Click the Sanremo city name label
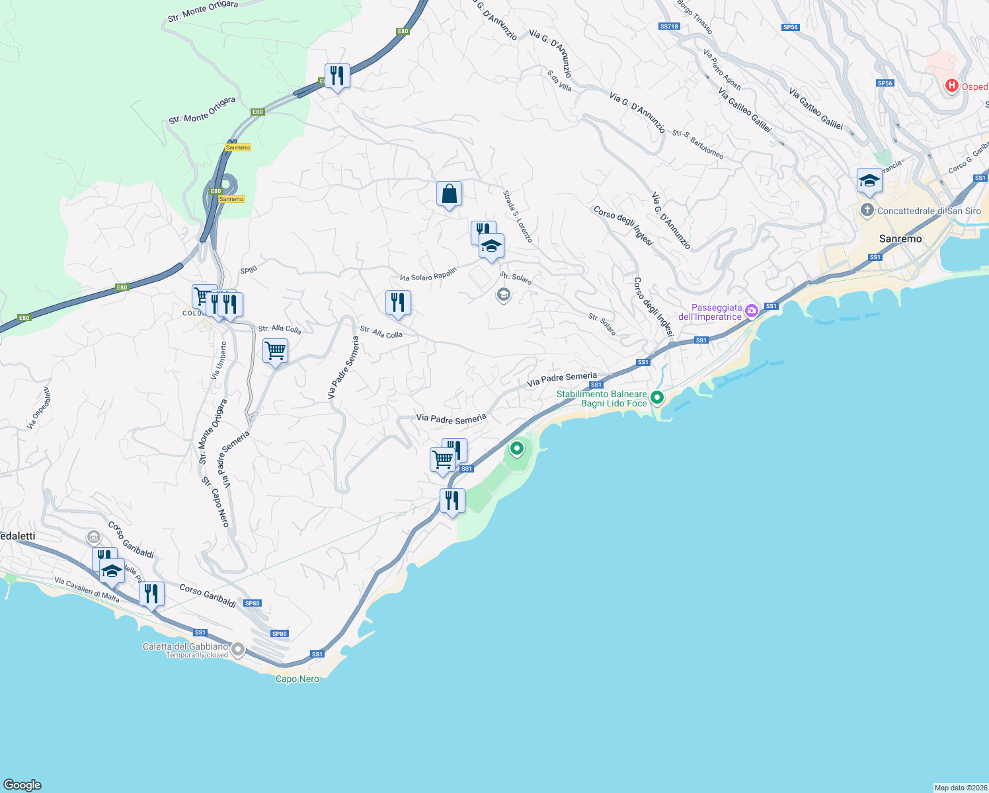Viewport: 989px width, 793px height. (900, 239)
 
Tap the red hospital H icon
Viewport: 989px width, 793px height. (951, 85)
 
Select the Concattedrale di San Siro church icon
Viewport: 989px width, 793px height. (867, 211)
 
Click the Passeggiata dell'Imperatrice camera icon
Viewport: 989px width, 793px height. (751, 311)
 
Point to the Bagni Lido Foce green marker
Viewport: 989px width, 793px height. (656, 398)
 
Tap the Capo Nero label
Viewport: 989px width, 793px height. (297, 679)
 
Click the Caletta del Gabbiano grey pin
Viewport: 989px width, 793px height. (237, 650)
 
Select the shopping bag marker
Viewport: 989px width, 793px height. (449, 194)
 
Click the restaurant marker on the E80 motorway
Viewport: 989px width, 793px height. (337, 77)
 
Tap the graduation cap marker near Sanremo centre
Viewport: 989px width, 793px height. (869, 181)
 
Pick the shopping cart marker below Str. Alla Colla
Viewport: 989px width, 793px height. (275, 351)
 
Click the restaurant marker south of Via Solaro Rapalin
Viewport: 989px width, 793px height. (398, 303)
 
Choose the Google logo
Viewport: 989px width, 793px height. (22, 785)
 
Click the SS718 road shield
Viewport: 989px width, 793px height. (669, 26)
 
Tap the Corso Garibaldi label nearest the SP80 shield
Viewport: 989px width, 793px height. (208, 595)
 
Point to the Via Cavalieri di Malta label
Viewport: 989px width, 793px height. (87, 589)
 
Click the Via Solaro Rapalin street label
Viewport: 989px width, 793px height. (428, 274)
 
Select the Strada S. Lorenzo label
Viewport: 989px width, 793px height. (517, 217)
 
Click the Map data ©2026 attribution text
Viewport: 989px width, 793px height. (961, 788)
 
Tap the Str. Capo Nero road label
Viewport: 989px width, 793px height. (216, 502)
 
